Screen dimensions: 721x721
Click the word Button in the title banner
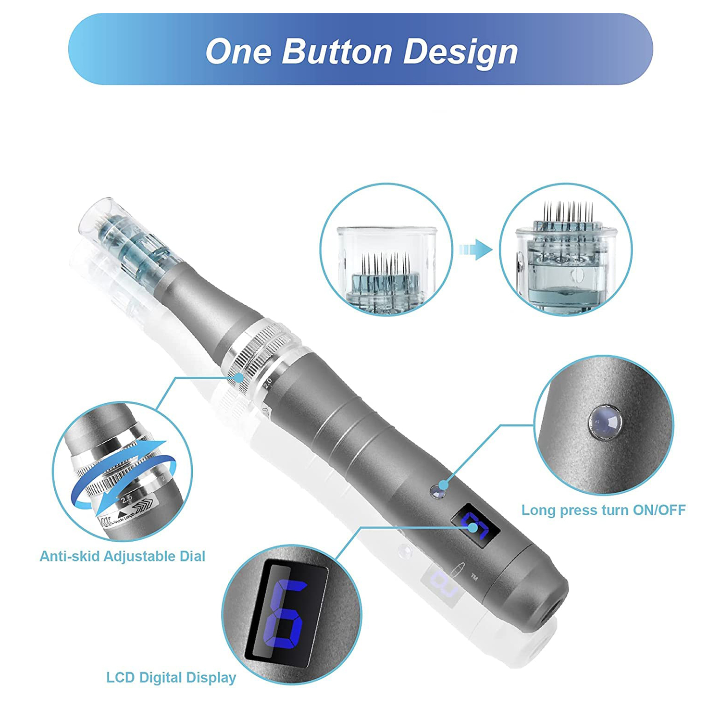337,51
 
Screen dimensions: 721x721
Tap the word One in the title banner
238,51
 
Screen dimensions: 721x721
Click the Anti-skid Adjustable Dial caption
122,556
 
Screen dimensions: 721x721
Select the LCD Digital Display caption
171,677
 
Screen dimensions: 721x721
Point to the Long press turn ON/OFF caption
603,510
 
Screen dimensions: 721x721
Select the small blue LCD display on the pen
475,525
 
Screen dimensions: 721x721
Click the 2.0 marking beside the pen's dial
268,383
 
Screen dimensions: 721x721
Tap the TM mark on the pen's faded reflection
474,577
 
